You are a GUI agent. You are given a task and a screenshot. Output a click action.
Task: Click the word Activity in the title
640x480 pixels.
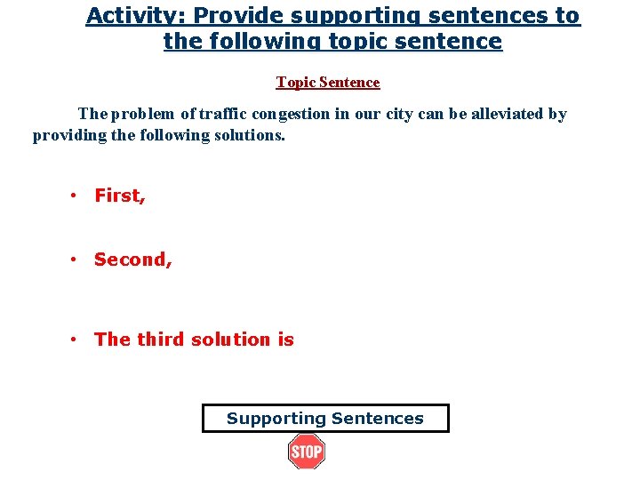124,16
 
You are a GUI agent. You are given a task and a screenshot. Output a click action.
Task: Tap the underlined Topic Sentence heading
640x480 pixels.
328,83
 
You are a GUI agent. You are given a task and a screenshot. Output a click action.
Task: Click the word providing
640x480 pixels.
67,135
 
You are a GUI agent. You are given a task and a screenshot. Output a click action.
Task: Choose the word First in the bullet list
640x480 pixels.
119,196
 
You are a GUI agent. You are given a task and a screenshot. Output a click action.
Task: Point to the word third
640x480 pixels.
161,339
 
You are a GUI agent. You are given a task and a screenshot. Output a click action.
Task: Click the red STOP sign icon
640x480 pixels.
307,452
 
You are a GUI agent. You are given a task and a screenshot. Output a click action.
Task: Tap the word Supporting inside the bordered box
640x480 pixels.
276,419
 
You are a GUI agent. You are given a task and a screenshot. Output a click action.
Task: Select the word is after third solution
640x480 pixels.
285,339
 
